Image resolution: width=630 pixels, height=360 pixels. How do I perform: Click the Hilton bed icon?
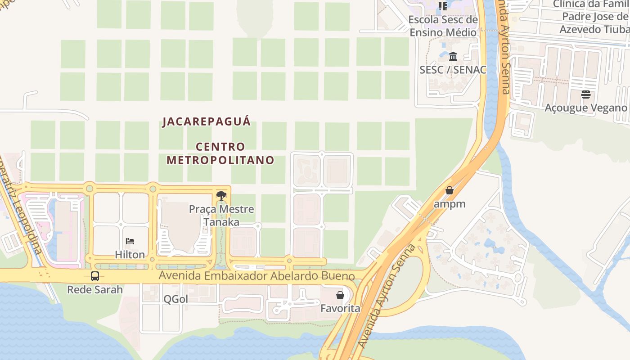(x=130, y=241)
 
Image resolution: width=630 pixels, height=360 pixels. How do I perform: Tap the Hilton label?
(x=130, y=254)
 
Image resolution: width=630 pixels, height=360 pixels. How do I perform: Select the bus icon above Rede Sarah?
(x=95, y=276)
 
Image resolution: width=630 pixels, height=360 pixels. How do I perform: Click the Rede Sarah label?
(x=95, y=289)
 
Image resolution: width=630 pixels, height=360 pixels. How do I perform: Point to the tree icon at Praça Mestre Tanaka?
(x=221, y=196)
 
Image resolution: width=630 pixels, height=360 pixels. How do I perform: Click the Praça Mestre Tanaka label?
(x=221, y=216)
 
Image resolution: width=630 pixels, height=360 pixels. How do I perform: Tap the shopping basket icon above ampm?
(x=449, y=190)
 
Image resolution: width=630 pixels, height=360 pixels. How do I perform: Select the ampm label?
(x=449, y=204)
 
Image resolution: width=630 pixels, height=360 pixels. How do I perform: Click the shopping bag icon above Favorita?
(x=340, y=295)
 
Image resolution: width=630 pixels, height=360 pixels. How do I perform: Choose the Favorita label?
(x=340, y=309)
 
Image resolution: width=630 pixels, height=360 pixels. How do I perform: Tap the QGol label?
(x=175, y=299)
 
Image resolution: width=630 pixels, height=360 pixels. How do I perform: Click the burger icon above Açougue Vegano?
(x=585, y=94)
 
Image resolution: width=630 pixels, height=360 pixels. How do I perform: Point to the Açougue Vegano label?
(x=585, y=108)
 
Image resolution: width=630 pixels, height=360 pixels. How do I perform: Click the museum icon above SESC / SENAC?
(x=453, y=56)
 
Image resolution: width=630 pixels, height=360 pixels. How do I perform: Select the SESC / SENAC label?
(x=453, y=70)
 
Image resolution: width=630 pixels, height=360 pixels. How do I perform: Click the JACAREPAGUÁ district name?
(x=207, y=121)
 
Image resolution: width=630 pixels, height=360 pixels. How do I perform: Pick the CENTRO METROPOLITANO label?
(x=220, y=153)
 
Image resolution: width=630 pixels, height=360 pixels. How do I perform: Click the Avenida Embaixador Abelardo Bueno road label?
(x=257, y=276)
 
